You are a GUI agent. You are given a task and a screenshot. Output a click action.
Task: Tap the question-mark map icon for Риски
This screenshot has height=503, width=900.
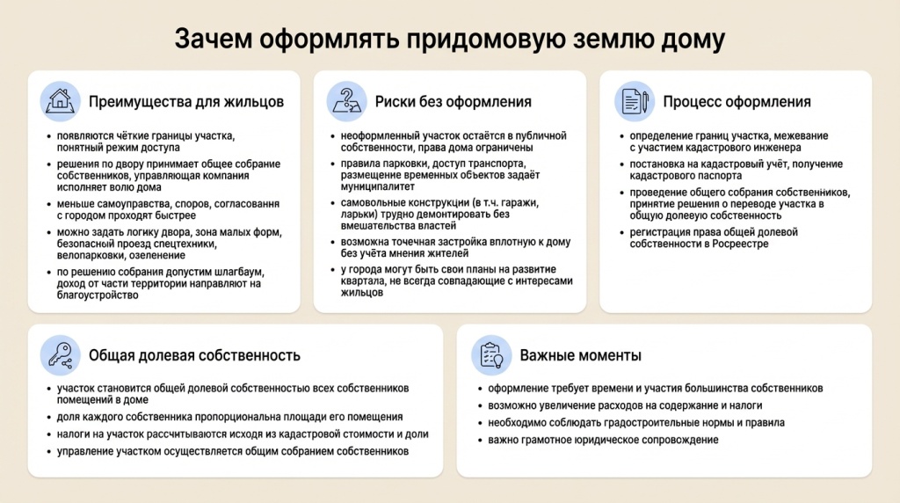(346, 101)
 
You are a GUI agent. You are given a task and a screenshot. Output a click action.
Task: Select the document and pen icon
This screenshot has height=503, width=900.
(633, 101)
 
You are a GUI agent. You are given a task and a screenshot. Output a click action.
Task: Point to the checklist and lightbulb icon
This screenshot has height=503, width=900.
(490, 355)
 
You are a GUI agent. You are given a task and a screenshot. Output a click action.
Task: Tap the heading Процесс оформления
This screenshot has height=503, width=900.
(737, 102)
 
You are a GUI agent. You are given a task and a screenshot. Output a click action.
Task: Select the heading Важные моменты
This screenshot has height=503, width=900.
(580, 356)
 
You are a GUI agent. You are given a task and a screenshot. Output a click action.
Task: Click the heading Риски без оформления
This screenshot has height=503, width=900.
(453, 102)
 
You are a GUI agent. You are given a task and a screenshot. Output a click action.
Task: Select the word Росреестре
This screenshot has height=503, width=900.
(742, 244)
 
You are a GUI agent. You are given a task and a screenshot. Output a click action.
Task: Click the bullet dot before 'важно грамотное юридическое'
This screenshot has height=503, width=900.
(480, 441)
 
